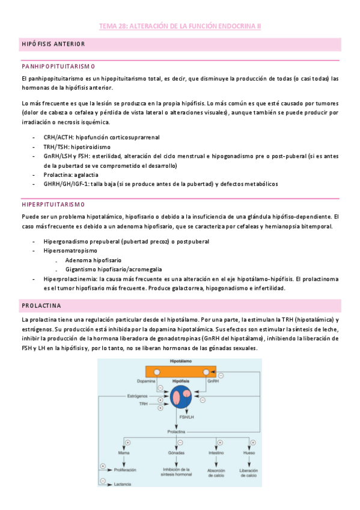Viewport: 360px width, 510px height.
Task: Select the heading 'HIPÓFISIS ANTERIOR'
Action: (53, 45)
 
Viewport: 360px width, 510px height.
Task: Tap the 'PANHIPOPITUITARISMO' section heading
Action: (57, 66)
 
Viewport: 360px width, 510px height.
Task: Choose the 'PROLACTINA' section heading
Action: (43, 306)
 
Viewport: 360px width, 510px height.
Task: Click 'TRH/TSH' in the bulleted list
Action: (56, 146)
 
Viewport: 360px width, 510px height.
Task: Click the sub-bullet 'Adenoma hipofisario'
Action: (93, 260)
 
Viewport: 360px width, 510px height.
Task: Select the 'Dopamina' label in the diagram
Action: (146, 381)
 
